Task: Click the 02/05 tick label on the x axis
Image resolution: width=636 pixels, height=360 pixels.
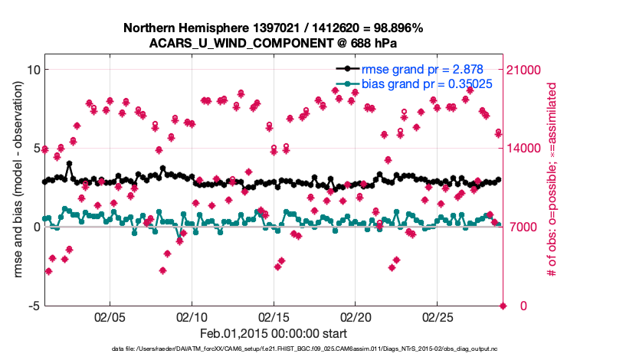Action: pyautogui.click(x=110, y=316)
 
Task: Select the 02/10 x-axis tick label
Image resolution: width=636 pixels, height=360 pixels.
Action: pyautogui.click(x=192, y=316)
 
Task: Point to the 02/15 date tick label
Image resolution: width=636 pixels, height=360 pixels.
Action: pyautogui.click(x=274, y=316)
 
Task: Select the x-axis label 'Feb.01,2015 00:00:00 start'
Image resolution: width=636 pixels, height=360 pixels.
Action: pyautogui.click(x=273, y=333)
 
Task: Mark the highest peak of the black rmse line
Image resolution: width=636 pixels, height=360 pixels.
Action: pyautogui.click(x=69, y=163)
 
